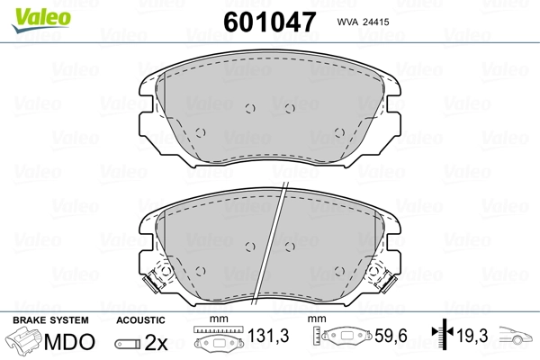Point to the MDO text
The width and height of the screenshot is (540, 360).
[x=67, y=343]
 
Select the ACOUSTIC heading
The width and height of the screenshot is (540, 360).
[x=139, y=320]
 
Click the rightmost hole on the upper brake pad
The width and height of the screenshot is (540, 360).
[x=339, y=132]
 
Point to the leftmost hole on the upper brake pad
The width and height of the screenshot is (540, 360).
[x=200, y=132]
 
